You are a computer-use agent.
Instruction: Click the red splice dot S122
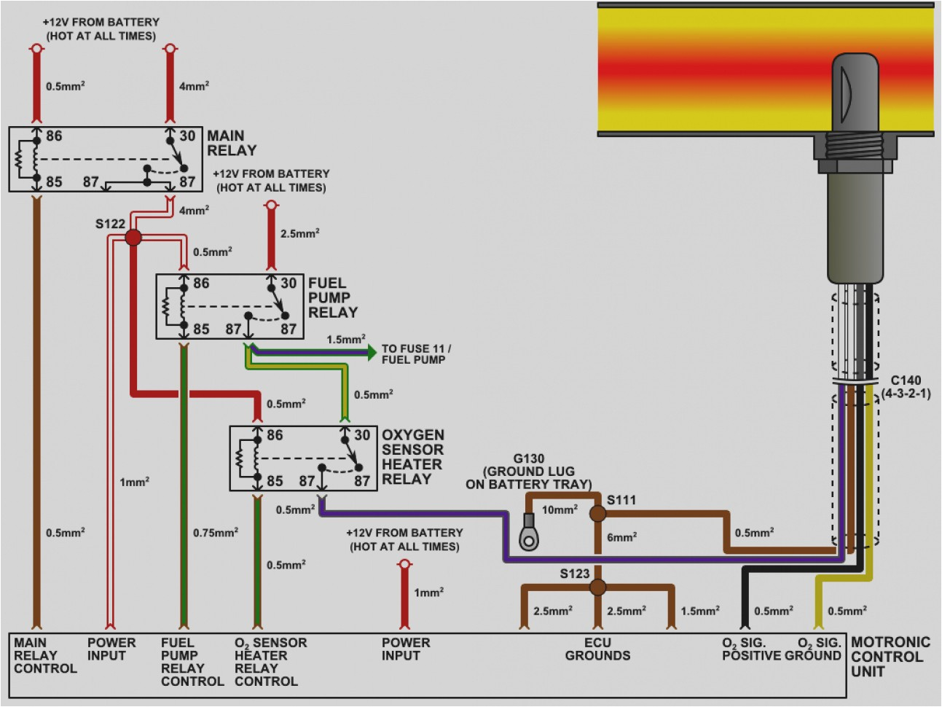pos(133,237)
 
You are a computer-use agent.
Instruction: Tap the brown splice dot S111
pos(597,513)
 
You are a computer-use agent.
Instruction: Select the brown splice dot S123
pos(597,587)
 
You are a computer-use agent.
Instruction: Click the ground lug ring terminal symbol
pos(529,539)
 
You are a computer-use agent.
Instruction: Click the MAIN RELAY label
pos(232,143)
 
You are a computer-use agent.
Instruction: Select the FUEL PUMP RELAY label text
pos(332,297)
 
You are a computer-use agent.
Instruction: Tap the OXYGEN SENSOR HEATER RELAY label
pos(412,457)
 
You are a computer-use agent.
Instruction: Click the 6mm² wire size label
pos(621,537)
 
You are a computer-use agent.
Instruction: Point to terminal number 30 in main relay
pos(187,136)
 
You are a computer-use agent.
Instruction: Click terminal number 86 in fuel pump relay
pos(201,283)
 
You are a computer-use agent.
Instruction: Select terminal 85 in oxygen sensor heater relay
pos(275,481)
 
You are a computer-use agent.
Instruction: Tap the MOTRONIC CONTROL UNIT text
pos(890,657)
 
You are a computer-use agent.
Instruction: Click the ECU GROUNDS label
pos(597,649)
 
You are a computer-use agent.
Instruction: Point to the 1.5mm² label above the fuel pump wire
pos(346,339)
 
